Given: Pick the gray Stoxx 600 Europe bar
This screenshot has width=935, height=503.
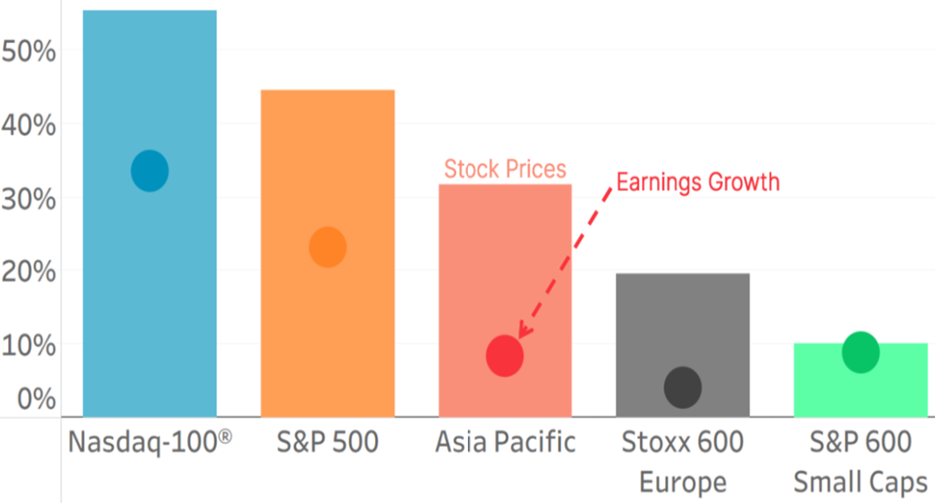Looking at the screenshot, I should [683, 319].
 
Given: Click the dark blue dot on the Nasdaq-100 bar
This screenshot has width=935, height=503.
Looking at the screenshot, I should [150, 171].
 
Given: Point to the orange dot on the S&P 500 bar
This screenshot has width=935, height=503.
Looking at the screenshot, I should [327, 247].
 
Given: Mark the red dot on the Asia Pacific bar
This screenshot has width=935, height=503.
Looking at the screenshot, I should [505, 356].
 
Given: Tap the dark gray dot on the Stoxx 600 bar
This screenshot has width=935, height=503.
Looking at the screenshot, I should [683, 387].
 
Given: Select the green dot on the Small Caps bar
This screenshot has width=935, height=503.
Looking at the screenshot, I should [860, 352].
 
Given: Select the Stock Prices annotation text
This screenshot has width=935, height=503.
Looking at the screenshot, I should [504, 169].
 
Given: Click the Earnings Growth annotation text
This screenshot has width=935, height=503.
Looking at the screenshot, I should [697, 183].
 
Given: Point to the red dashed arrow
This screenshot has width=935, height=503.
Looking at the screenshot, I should [564, 261].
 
